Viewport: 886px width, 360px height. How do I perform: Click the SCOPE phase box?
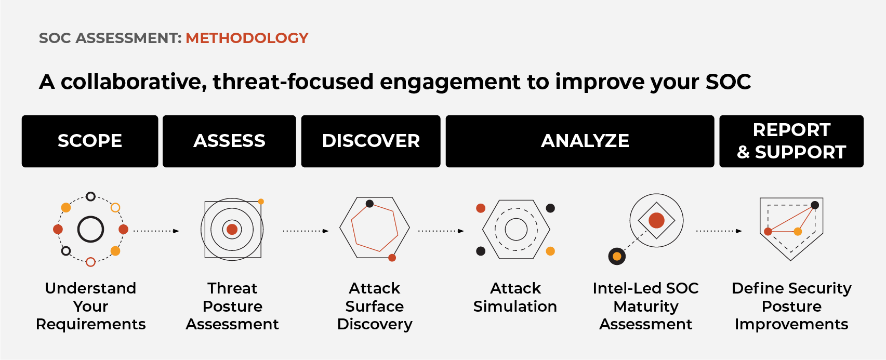point(89,141)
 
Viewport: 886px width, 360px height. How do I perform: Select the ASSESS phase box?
point(229,141)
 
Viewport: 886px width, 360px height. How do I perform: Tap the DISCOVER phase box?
point(371,141)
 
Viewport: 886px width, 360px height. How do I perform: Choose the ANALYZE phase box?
point(579,141)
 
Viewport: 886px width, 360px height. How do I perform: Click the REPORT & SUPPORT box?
point(791,141)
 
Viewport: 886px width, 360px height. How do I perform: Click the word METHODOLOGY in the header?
point(247,38)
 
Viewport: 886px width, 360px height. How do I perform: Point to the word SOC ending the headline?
point(728,82)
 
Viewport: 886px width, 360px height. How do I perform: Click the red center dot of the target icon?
point(232,229)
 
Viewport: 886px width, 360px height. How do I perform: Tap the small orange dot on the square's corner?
point(261,202)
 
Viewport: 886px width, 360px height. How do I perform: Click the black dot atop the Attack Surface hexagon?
point(369,204)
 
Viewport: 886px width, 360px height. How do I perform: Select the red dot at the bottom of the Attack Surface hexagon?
point(392,258)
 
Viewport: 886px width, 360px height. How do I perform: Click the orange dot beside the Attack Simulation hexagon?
point(550,251)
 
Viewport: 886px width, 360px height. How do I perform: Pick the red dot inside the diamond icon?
point(656,220)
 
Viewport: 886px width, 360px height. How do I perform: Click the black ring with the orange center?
point(617,256)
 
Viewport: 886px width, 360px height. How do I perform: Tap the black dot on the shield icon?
point(815,205)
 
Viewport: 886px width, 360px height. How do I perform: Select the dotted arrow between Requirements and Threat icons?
point(156,231)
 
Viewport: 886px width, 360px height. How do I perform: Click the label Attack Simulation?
point(515,297)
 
